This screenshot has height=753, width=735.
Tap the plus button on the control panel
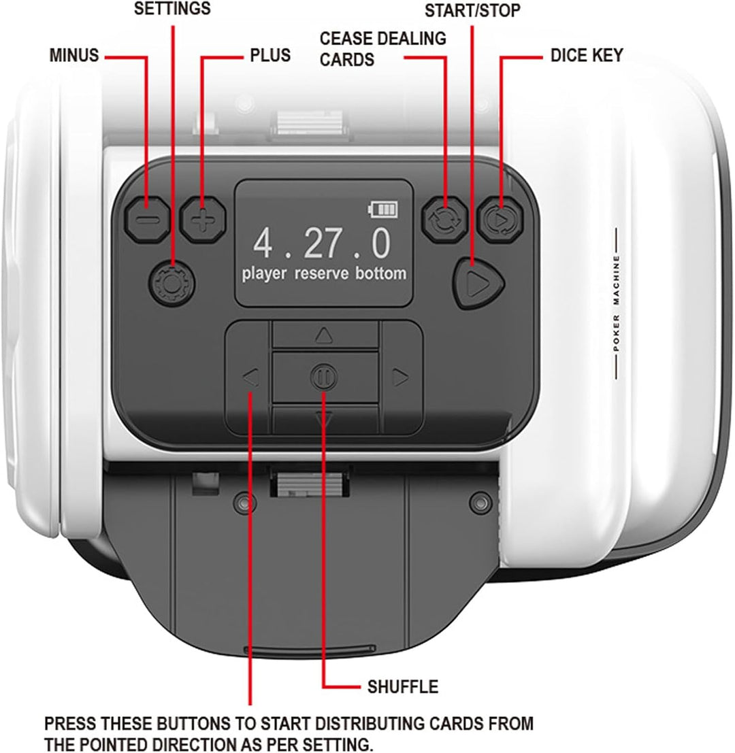click(x=203, y=220)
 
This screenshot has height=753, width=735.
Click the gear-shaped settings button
click(x=171, y=284)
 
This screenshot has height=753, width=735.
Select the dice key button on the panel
click(x=500, y=219)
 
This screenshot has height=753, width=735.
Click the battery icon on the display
click(x=383, y=210)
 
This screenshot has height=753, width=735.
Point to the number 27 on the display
click(x=323, y=244)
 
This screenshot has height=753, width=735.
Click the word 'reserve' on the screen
click(x=321, y=273)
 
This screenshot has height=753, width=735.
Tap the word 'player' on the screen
click(x=264, y=274)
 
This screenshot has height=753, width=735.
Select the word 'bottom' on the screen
click(x=381, y=273)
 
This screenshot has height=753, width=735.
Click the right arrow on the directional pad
click(x=400, y=378)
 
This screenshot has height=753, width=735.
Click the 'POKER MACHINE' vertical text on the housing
click(x=617, y=303)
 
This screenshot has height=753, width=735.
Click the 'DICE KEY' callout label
click(x=587, y=56)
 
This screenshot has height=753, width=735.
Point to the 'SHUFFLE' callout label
click(x=403, y=687)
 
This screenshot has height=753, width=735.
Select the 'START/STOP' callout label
click(x=472, y=11)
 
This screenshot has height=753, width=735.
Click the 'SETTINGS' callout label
click(x=172, y=8)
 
